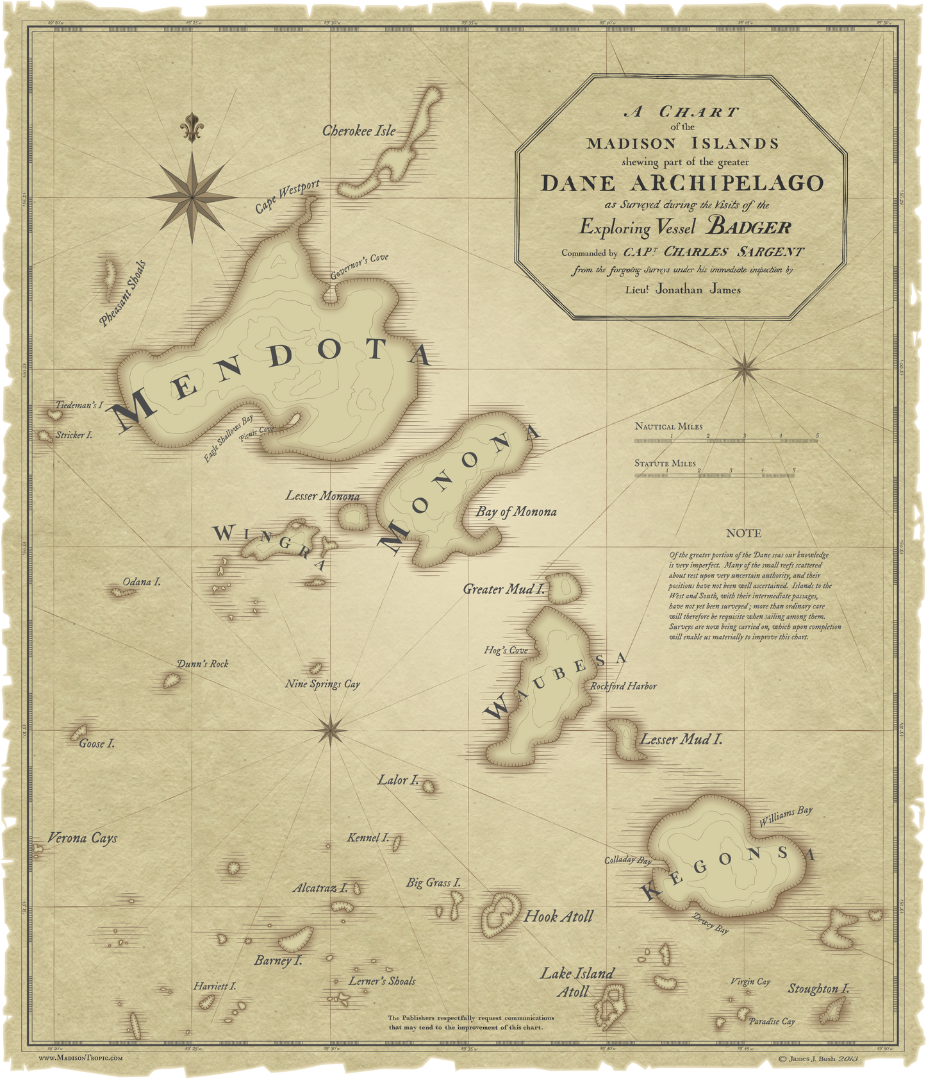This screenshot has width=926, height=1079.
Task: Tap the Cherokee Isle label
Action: (358, 131)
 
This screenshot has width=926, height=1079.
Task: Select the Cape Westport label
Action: (286, 197)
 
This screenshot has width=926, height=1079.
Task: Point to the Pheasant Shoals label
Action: (123, 294)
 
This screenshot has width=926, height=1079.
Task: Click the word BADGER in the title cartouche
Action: (748, 227)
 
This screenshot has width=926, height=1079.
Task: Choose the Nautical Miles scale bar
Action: (725, 440)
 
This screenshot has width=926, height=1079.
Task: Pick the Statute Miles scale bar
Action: (716, 475)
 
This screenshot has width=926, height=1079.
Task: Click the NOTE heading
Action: (743, 533)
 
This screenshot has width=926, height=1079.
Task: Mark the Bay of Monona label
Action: (516, 512)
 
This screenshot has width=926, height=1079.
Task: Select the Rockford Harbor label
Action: (623, 686)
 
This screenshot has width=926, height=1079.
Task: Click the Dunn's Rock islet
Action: (170, 681)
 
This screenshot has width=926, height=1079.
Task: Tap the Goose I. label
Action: (97, 744)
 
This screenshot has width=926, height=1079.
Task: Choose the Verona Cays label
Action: (83, 838)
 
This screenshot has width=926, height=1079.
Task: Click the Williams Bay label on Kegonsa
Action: (786, 817)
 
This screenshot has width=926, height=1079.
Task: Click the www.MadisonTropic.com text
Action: (80, 1058)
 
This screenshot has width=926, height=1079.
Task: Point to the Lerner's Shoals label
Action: (382, 981)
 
